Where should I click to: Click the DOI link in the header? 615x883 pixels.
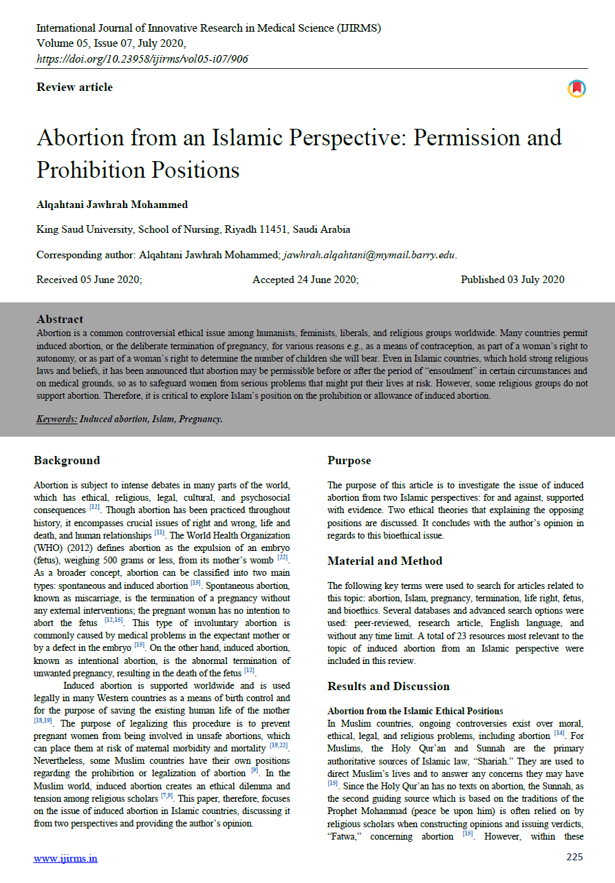[142, 59]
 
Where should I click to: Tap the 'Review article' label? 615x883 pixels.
[74, 87]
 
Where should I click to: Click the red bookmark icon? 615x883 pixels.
[576, 89]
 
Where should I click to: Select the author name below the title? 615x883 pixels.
[112, 205]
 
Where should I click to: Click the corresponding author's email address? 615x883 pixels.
[369, 255]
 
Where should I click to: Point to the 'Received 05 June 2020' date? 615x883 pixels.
[89, 280]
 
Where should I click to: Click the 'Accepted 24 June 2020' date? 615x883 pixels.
[305, 280]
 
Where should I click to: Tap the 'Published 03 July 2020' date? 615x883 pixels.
[512, 280]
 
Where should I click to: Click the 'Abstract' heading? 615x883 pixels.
[60, 320]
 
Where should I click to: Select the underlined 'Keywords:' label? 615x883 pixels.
[57, 419]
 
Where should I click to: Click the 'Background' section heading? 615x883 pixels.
[67, 461]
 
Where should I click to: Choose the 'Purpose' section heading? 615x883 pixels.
[349, 461]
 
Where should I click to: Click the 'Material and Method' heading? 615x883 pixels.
[385, 561]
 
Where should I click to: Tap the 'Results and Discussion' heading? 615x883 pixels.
[388, 687]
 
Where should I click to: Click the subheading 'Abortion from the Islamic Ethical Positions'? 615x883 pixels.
[415, 711]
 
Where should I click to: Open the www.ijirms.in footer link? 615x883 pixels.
[65, 858]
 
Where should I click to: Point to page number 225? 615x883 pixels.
[574, 857]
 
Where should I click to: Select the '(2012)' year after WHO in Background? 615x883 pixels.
[76, 548]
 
